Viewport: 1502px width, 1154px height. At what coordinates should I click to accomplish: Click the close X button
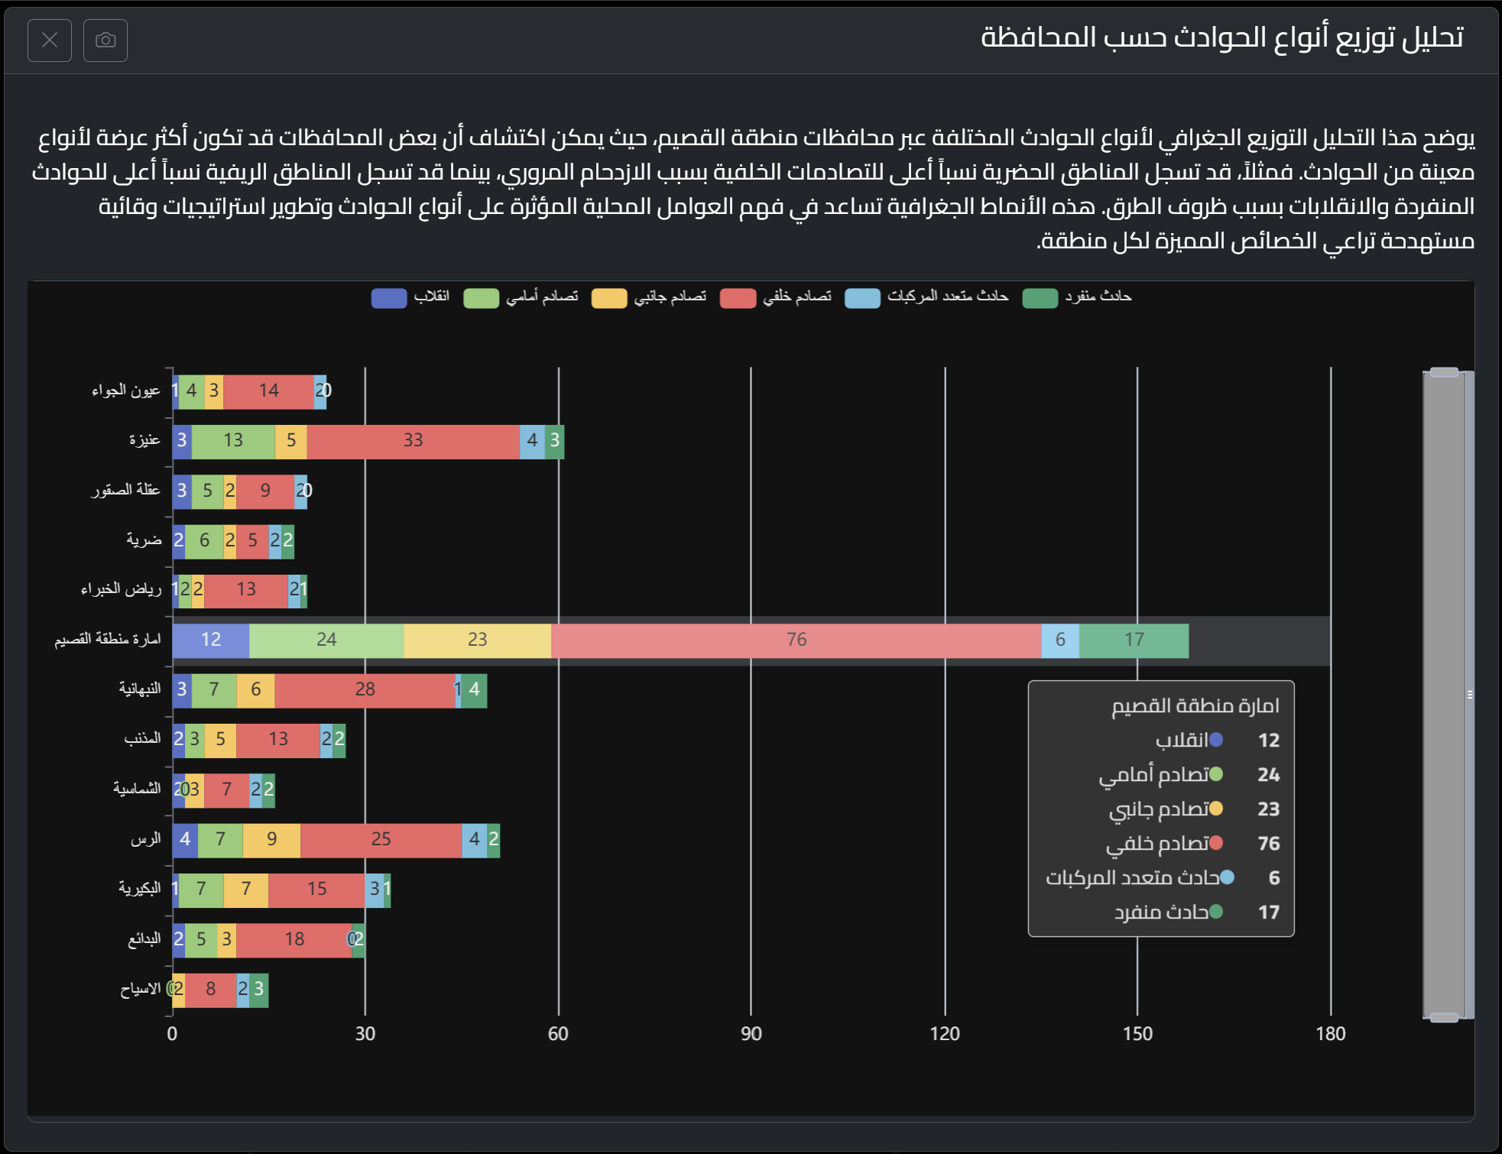pos(50,40)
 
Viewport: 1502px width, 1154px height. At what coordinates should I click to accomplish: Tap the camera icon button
pos(105,40)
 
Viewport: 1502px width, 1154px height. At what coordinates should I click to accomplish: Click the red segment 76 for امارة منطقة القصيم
pos(796,640)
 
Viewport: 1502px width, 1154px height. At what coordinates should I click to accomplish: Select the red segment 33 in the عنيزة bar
pos(413,441)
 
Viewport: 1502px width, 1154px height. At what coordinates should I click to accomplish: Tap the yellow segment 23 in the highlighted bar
pos(477,640)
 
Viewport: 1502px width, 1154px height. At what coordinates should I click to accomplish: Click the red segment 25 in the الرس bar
pos(381,840)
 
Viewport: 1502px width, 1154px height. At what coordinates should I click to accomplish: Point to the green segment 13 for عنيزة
pos(233,441)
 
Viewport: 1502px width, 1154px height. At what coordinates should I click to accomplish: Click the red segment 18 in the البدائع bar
pos(294,940)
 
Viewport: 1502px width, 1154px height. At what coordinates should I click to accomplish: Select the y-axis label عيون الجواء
pos(126,391)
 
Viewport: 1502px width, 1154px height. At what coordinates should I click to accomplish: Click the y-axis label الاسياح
pos(140,989)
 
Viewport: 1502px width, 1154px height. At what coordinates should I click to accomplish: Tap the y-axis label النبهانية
pos(140,689)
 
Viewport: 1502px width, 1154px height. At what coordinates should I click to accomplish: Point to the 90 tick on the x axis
pos(751,1034)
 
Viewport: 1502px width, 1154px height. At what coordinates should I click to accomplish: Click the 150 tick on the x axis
pos(1137,1034)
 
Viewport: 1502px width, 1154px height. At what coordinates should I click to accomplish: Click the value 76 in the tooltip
pos(1268,844)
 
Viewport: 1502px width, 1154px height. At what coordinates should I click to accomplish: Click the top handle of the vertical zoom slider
pos(1444,372)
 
